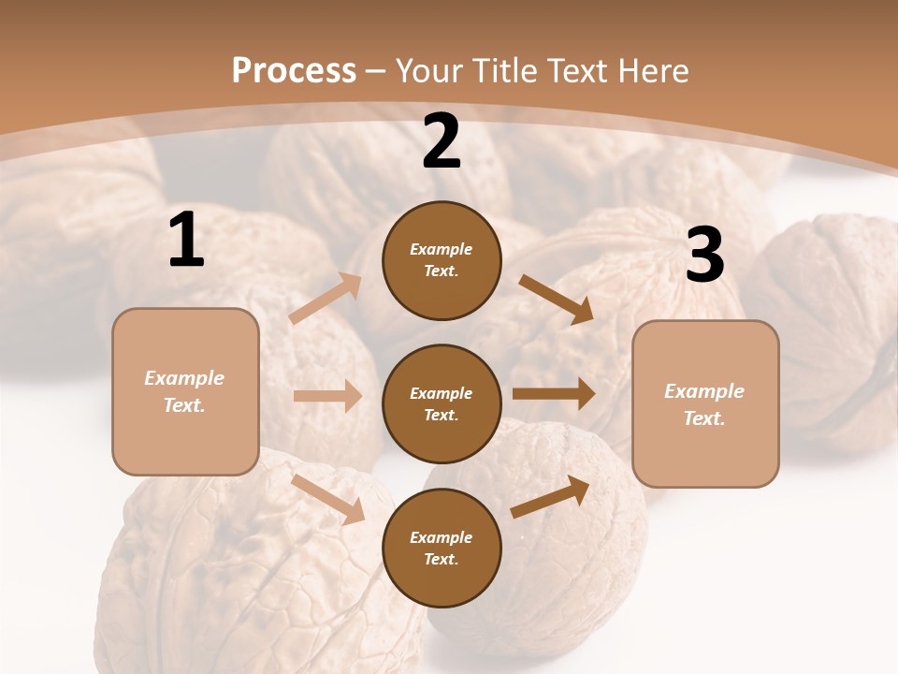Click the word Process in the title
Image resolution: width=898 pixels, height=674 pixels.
[294, 70]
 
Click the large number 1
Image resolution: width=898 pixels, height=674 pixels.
[186, 241]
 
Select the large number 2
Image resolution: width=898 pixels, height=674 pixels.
[442, 141]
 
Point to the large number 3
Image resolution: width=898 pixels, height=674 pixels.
[704, 256]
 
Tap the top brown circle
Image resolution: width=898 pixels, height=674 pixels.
[442, 260]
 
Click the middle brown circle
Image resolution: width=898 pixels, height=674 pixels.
[442, 403]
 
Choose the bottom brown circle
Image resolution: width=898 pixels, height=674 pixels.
[442, 548]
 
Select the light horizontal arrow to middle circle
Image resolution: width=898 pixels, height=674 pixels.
[327, 396]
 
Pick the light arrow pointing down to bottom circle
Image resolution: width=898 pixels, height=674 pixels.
[328, 498]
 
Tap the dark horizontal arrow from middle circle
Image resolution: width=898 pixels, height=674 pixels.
[553, 394]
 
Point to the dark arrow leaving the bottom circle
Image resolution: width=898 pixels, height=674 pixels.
[550, 496]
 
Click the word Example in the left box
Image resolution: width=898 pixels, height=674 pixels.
[184, 378]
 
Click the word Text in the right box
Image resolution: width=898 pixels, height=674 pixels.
[703, 418]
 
